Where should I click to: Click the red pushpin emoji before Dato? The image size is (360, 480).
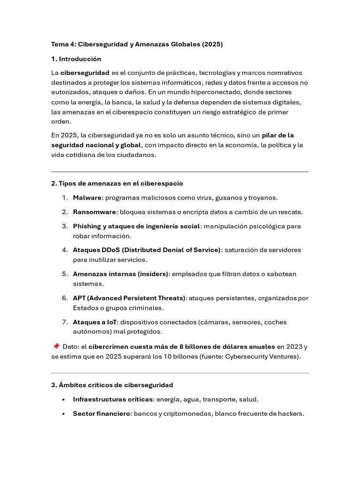pyautogui.click(x=56, y=346)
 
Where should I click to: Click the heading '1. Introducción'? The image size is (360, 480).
pyautogui.click(x=76, y=59)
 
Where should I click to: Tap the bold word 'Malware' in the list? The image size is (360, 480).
pyautogui.click(x=87, y=198)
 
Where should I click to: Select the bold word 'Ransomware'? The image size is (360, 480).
pyautogui.click(x=94, y=212)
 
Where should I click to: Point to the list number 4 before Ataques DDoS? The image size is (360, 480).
pyautogui.click(x=65, y=250)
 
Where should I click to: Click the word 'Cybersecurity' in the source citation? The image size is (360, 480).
pyautogui.click(x=239, y=356)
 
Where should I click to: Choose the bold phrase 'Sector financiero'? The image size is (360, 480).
pyautogui.click(x=101, y=414)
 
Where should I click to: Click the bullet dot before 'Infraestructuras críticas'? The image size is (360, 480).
pyautogui.click(x=63, y=400)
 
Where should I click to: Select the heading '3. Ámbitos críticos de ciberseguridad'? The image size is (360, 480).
pyautogui.click(x=112, y=385)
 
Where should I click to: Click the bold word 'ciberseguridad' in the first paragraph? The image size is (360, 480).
pyautogui.click(x=85, y=73)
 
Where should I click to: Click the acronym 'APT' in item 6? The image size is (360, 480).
pyautogui.click(x=79, y=298)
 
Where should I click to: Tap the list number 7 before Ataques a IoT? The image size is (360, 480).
pyautogui.click(x=65, y=322)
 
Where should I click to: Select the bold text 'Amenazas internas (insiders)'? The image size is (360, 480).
pyautogui.click(x=120, y=274)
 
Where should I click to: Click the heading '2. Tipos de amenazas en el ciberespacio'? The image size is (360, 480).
pyautogui.click(x=117, y=183)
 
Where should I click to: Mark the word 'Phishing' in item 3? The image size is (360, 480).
pyautogui.click(x=87, y=226)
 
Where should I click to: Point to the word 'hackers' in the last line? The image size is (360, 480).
pyautogui.click(x=290, y=414)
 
